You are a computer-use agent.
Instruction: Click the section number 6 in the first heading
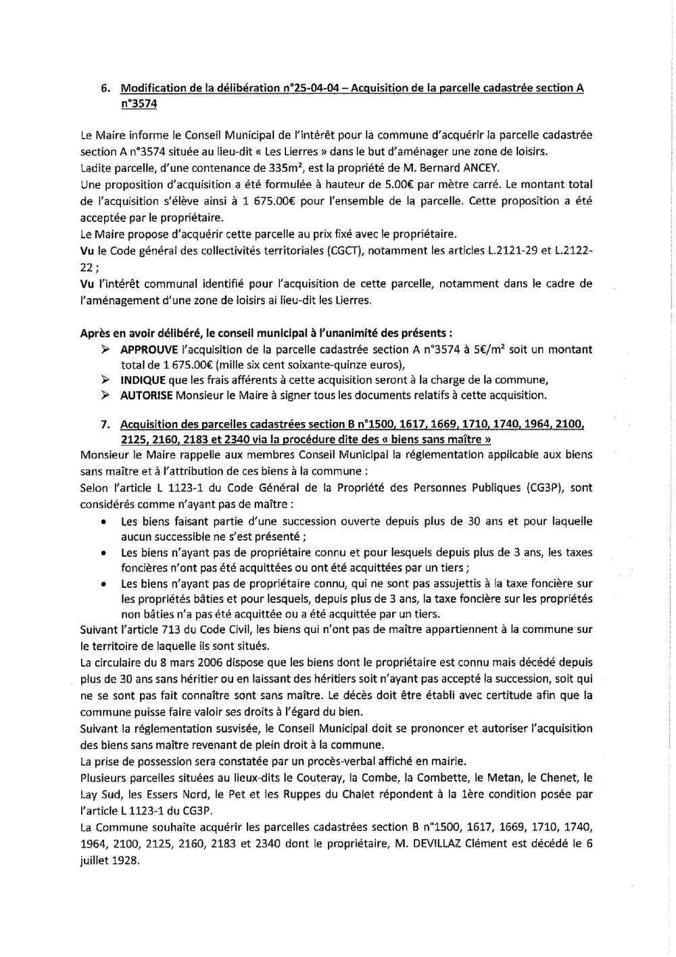click(x=104, y=89)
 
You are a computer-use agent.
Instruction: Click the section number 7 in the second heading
click(x=104, y=425)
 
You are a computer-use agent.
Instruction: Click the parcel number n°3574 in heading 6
click(x=135, y=104)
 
